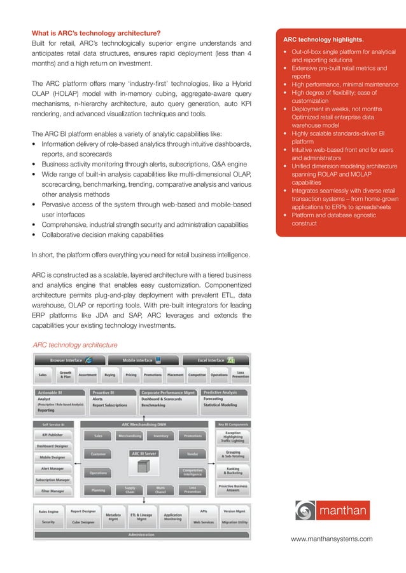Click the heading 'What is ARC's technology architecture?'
pyautogui.click(x=96, y=33)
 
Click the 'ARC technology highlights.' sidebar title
pyautogui.click(x=328, y=41)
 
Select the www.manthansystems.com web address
pyautogui.click(x=331, y=539)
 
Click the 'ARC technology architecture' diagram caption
pyautogui.click(x=75, y=345)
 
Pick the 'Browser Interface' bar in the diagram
pyautogui.click(x=68, y=360)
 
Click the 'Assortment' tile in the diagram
pyautogui.click(x=87, y=375)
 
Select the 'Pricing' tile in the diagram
pyautogui.click(x=131, y=375)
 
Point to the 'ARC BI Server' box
pyautogui.click(x=144, y=454)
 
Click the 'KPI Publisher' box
pyautogui.click(x=52, y=435)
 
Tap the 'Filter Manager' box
pyautogui.click(x=52, y=491)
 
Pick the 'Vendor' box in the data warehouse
pyautogui.click(x=193, y=454)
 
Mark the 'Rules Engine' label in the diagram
pyautogui.click(x=48, y=511)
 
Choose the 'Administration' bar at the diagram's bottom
pyautogui.click(x=141, y=534)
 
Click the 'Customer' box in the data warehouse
pyautogui.click(x=98, y=454)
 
